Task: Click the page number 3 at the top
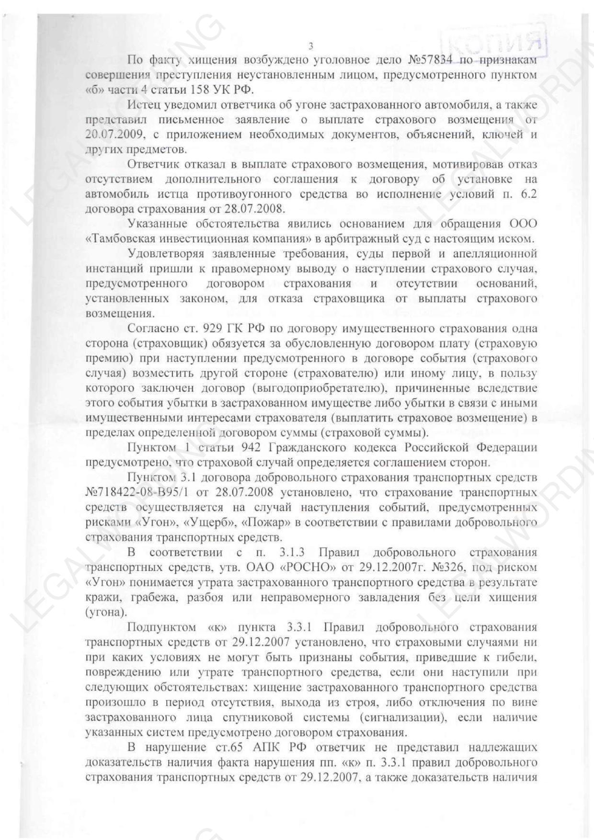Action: click(x=310, y=46)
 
